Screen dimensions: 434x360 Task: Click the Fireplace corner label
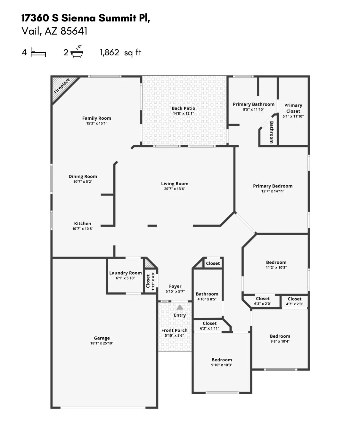[62, 86]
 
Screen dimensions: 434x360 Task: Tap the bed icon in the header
[38, 52]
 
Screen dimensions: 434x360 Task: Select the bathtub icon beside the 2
[77, 51]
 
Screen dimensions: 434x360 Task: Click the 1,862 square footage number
[110, 52]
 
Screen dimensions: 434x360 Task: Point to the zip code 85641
[74, 31]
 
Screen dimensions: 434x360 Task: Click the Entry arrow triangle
[180, 307]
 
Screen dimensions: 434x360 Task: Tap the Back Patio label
[183, 108]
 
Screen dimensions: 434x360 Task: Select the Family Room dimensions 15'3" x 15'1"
[96, 123]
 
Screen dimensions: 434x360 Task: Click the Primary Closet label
[293, 108]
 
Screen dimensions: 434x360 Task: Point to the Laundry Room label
[125, 273]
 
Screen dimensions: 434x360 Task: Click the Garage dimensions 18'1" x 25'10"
[102, 343]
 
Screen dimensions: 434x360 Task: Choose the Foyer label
[175, 286]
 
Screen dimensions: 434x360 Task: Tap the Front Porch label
[175, 330]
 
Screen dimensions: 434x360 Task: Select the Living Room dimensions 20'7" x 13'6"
[175, 189]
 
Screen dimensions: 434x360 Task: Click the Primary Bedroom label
[273, 186]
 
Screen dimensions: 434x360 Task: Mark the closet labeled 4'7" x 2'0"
[294, 301]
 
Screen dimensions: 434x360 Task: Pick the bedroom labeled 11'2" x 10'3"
[276, 265]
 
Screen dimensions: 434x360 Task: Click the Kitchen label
[83, 224]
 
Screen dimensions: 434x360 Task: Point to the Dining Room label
[83, 176]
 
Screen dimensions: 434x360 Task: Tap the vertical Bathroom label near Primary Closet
[272, 132]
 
